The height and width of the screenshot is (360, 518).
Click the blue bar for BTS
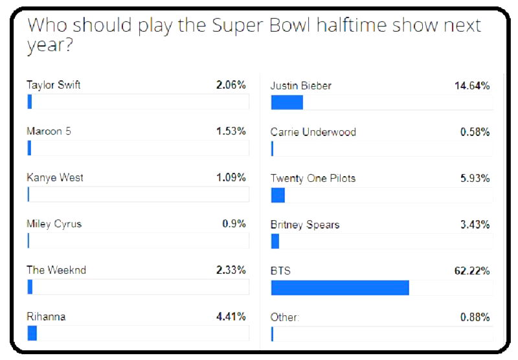[340, 287]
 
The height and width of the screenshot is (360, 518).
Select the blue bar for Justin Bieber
[287, 102]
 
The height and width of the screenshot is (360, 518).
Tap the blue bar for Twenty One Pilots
[278, 195]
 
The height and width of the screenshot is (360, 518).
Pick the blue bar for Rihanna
[32, 333]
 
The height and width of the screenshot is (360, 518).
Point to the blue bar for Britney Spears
[275, 242]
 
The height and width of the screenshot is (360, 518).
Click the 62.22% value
[472, 271]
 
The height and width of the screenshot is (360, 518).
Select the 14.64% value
[472, 85]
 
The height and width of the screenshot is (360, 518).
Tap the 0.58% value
[475, 132]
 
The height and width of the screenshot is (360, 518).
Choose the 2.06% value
[231, 85]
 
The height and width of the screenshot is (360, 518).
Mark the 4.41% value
[231, 317]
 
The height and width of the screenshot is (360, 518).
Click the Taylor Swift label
[54, 85]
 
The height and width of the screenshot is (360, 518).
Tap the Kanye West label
[55, 177]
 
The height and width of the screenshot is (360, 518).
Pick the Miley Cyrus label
[54, 224]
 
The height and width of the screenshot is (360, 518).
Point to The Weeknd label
[56, 270]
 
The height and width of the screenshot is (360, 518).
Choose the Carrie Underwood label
[313, 132]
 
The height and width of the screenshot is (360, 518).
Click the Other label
[284, 317]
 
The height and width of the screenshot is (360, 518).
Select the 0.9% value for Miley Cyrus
[234, 224]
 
